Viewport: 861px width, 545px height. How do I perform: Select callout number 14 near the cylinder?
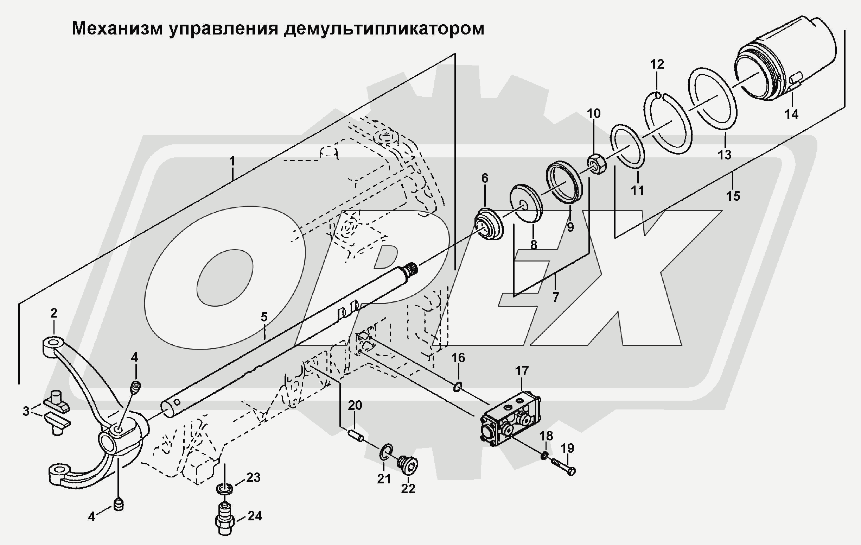point(791,114)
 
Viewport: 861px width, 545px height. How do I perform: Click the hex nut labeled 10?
point(597,164)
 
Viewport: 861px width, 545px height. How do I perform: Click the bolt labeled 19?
point(563,466)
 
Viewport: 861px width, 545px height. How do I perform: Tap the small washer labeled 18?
point(544,456)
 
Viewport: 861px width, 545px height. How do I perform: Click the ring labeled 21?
point(386,452)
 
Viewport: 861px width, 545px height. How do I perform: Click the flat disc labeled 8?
point(526,202)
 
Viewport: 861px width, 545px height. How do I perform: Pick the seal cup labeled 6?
point(489,225)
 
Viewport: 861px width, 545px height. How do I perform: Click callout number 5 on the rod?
point(264,317)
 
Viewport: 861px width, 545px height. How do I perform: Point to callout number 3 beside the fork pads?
point(26,411)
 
